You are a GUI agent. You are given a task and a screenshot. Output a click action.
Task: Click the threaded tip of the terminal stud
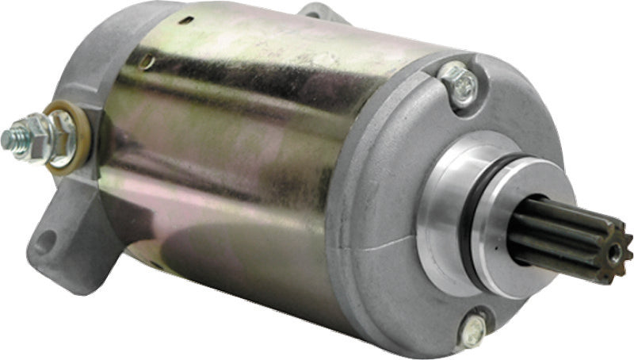10,140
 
